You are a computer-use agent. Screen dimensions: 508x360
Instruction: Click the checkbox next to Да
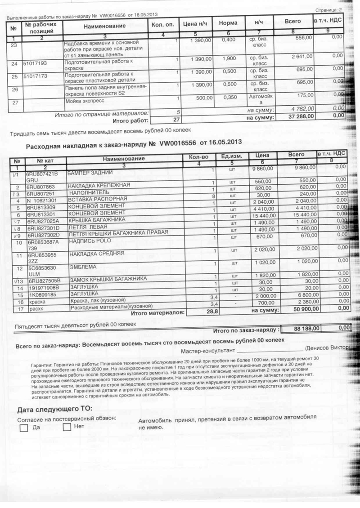[x=24, y=428]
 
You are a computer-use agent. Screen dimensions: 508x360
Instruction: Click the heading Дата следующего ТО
[x=54, y=409]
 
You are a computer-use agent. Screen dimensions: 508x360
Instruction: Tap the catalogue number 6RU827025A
[x=43, y=221]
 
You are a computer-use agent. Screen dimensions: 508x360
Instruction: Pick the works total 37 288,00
[x=301, y=117]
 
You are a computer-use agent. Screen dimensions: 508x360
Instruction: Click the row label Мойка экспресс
[x=85, y=101]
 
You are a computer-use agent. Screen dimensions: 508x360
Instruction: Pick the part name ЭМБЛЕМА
[x=80, y=267]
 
